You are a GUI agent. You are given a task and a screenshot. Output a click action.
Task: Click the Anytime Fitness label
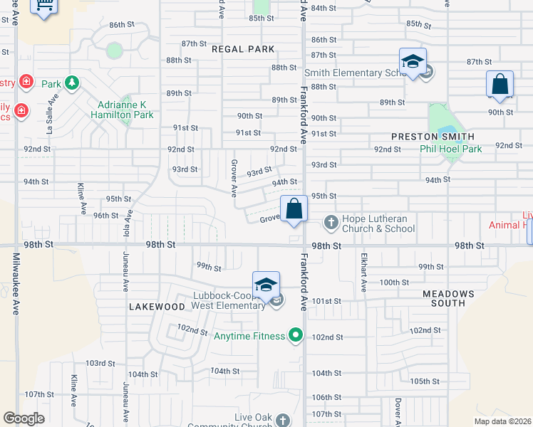click(x=249, y=336)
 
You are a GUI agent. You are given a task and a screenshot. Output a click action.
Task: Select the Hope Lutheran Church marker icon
click(x=331, y=223)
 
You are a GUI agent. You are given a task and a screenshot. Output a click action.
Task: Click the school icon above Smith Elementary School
click(x=413, y=63)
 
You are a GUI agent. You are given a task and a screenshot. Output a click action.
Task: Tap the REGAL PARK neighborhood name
click(x=243, y=49)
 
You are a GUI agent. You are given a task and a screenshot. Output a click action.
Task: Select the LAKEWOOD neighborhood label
click(x=157, y=307)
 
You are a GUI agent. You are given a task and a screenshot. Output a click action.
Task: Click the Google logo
click(x=24, y=418)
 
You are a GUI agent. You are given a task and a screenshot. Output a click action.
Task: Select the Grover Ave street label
click(x=234, y=178)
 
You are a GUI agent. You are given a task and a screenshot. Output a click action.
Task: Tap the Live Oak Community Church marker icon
click(x=283, y=420)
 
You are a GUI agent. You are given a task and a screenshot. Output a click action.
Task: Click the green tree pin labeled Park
click(x=71, y=83)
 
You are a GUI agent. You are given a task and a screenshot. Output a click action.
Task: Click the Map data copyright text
click(x=502, y=421)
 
